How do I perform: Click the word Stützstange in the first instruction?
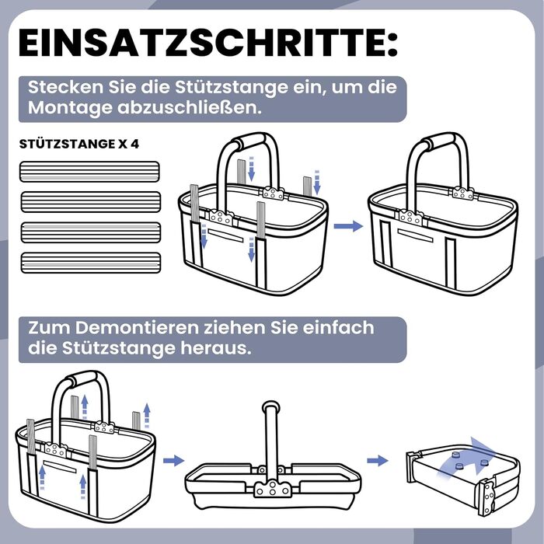[x=231, y=87]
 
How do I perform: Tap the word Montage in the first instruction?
[x=70, y=108]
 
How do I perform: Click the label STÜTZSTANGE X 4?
[x=79, y=144]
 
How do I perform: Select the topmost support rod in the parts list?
[x=89, y=172]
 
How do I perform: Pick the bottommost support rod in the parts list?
[x=91, y=263]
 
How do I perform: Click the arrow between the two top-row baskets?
[x=348, y=226]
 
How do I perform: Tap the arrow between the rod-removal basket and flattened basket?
[x=173, y=461]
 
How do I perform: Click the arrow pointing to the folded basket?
[x=378, y=461]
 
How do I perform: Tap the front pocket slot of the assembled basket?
[x=415, y=235]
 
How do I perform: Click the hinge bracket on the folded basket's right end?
[x=487, y=496]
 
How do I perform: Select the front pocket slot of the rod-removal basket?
[x=60, y=466]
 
